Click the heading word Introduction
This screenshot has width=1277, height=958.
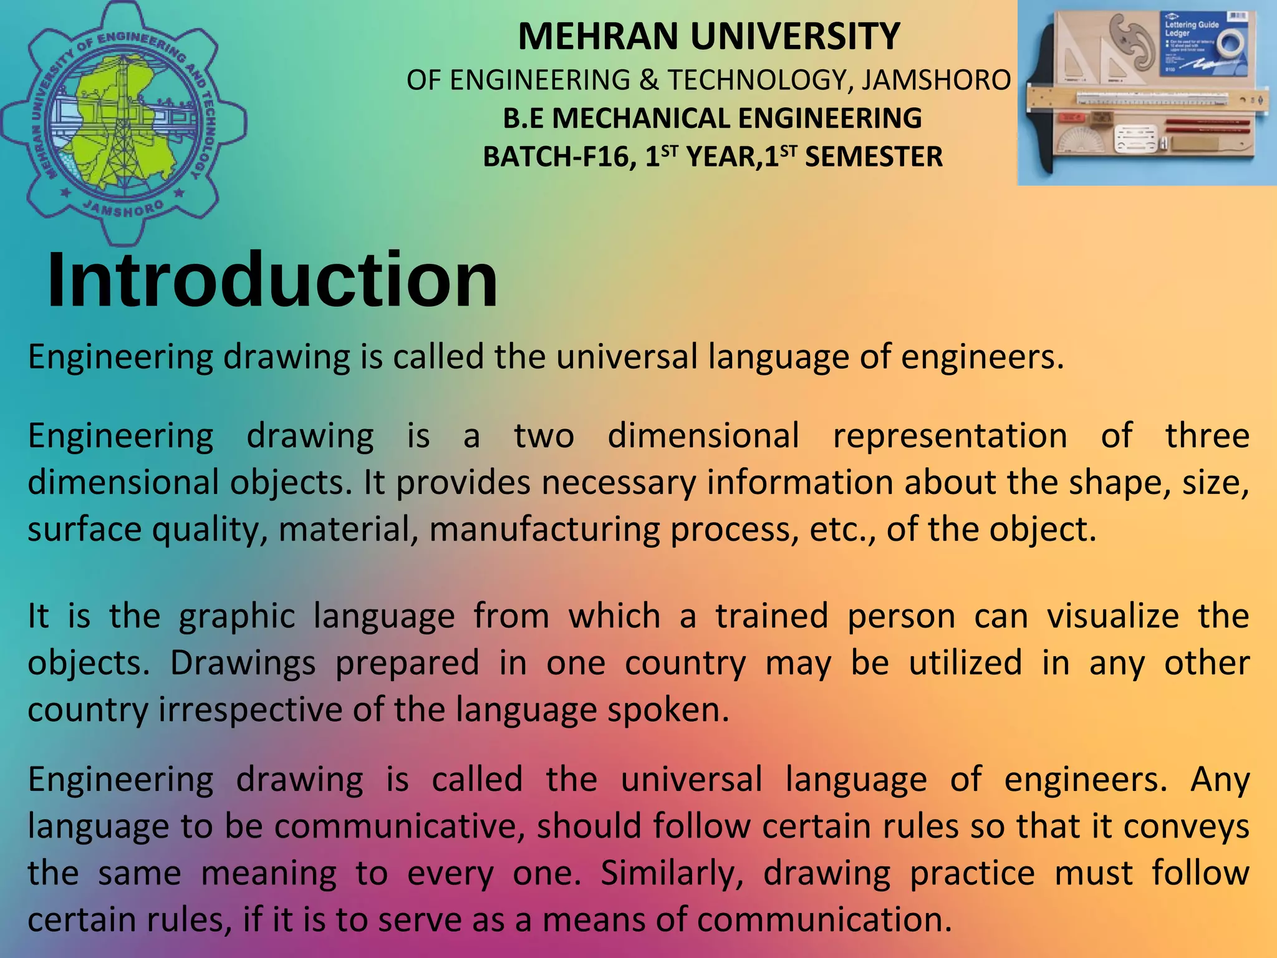(x=272, y=280)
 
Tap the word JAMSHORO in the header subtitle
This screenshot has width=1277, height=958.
(x=936, y=80)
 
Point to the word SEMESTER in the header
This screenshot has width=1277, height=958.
(x=874, y=157)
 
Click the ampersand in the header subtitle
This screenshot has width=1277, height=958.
(x=648, y=80)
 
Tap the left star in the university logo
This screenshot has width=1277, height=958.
(x=65, y=193)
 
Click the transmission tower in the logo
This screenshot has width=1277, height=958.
(x=122, y=125)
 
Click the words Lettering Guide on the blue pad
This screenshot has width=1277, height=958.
(x=1192, y=25)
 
